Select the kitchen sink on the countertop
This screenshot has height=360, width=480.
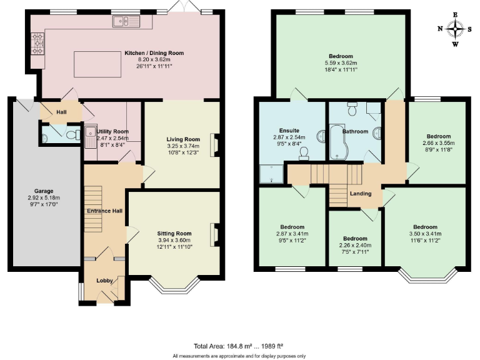click(129, 22)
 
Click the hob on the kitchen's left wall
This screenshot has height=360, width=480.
click(36, 44)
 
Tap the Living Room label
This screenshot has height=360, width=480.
click(182, 139)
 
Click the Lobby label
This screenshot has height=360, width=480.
click(104, 281)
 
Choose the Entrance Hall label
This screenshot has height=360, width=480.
click(104, 211)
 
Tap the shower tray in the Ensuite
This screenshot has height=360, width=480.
click(271, 174)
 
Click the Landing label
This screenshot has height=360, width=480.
click(361, 194)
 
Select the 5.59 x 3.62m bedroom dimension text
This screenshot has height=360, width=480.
click(341, 63)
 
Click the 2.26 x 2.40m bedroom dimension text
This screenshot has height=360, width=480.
click(354, 246)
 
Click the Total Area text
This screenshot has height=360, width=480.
click(239, 346)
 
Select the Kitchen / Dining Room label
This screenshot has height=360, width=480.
click(145, 54)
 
